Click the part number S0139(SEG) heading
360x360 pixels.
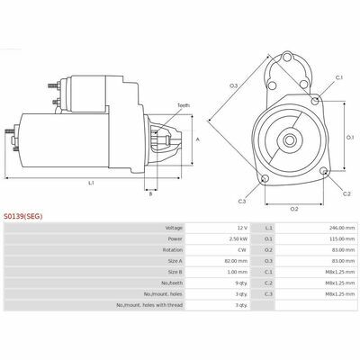23,216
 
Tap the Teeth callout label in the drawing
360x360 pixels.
184,105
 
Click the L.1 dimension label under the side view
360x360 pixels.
91,183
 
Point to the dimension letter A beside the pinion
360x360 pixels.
198,139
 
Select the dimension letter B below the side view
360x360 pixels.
151,194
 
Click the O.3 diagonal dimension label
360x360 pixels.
233,86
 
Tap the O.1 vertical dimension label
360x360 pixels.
350,137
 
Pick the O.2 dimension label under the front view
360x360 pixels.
294,209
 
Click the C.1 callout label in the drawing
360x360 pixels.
339,77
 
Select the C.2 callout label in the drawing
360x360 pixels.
346,193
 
